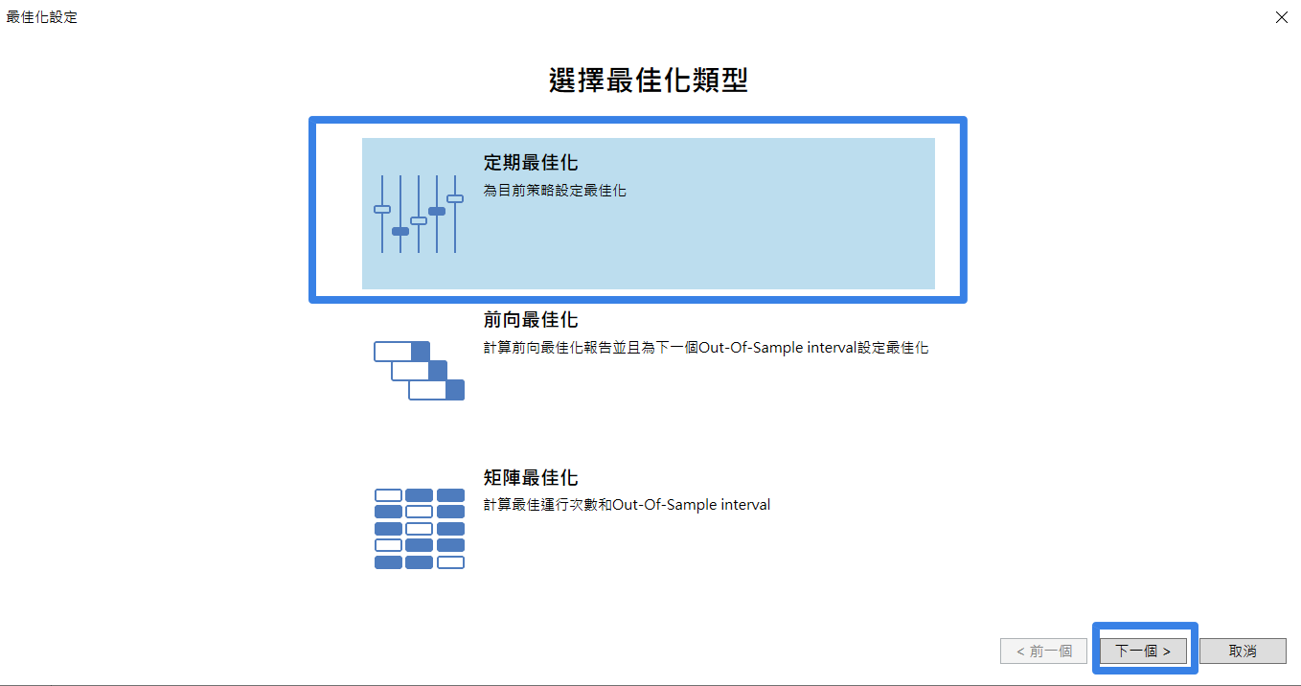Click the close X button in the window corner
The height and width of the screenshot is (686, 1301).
coord(1281,17)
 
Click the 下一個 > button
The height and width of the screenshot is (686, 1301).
coord(1143,651)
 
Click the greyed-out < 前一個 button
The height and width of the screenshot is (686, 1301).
coord(1043,651)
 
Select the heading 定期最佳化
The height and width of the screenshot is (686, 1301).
coord(531,163)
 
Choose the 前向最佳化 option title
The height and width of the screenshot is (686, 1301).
coord(531,319)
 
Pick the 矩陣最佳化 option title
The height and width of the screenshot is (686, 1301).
coord(531,477)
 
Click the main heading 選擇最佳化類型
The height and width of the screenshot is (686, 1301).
coord(649,80)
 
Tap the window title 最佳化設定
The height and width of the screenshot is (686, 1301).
coord(41,17)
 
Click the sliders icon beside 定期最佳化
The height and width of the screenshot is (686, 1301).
coord(418,214)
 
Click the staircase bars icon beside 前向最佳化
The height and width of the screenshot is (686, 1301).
coord(419,371)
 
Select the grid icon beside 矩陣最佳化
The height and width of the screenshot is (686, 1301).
coord(420,529)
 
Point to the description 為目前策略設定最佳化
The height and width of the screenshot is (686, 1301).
coord(555,191)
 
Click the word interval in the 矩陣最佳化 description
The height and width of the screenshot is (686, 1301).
coord(745,504)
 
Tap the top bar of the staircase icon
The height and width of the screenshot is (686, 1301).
coord(402,352)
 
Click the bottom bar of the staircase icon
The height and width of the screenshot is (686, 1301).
coord(437,390)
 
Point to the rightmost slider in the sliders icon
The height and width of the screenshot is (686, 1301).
coord(455,214)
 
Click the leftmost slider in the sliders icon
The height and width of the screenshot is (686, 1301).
coord(382,214)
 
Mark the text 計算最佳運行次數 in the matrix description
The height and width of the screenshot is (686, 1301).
coord(540,504)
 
